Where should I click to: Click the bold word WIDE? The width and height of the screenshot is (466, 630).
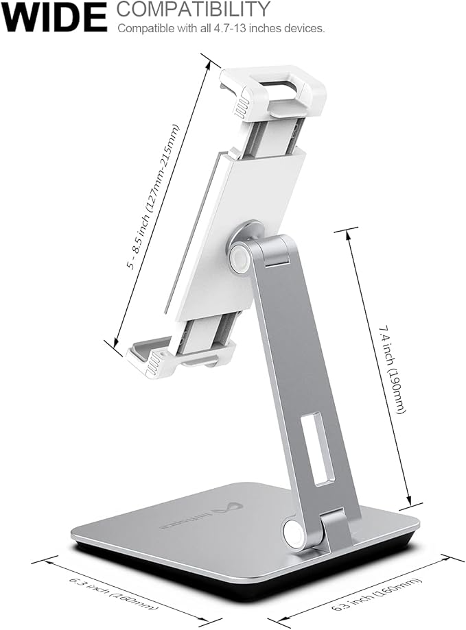[54, 17]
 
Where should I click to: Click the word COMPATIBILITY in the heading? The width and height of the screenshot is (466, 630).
[193, 9]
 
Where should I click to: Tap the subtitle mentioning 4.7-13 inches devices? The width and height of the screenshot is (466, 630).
[221, 29]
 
